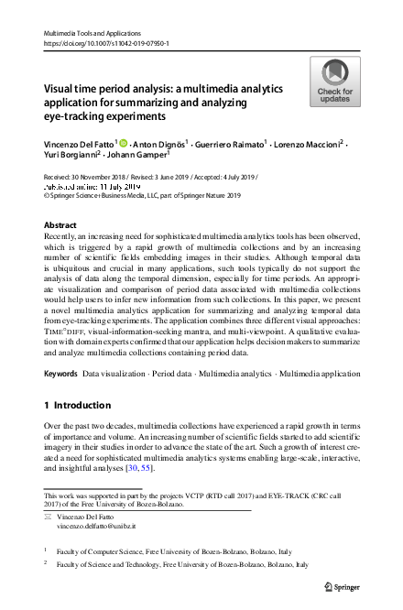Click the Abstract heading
point(61,224)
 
